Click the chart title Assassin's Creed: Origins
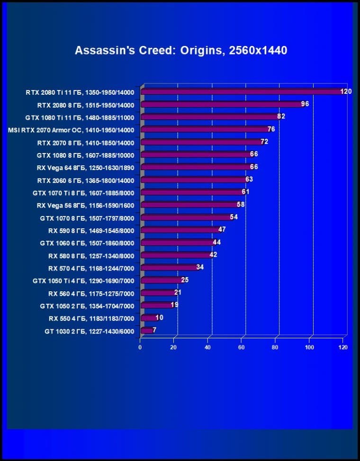click(x=180, y=50)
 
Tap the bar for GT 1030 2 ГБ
click(x=146, y=330)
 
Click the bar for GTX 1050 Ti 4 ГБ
click(x=161, y=280)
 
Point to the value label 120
click(x=346, y=91)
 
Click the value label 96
click(x=305, y=104)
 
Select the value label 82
click(x=281, y=116)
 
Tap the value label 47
click(x=222, y=229)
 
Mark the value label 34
click(x=200, y=267)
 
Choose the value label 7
click(x=154, y=330)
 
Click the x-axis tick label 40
click(x=207, y=347)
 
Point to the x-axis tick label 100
click(x=309, y=347)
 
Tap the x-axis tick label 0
click(x=140, y=347)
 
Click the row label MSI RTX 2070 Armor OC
click(x=72, y=130)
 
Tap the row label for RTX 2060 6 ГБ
click(x=86, y=181)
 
